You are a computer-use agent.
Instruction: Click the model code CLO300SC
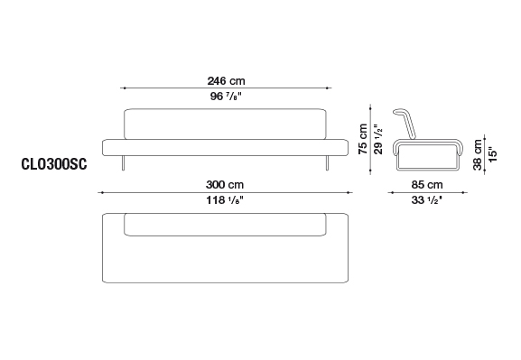(x=54, y=164)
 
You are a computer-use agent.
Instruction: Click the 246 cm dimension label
(x=226, y=80)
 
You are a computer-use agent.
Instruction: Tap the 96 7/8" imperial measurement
(x=226, y=97)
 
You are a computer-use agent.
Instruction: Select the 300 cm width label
(x=225, y=184)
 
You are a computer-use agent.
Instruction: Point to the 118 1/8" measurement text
(x=225, y=200)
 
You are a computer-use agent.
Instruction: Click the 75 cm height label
(x=363, y=139)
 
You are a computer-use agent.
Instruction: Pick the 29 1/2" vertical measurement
(x=378, y=139)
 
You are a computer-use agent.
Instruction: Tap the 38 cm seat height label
(x=478, y=154)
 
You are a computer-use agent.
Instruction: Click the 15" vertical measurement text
(x=493, y=154)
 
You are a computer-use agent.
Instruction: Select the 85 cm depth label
(x=427, y=184)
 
